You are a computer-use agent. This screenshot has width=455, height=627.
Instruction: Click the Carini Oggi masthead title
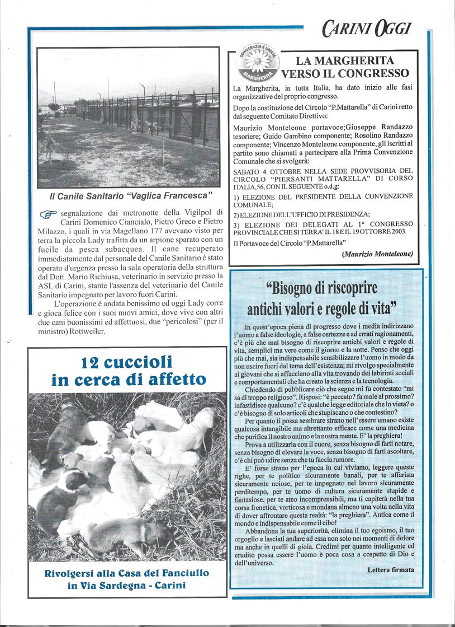pyautogui.click(x=366, y=28)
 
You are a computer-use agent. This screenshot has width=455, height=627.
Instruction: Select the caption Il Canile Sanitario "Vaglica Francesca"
pyautogui.click(x=131, y=196)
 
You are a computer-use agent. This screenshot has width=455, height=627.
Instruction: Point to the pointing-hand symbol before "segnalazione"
pyautogui.click(x=49, y=214)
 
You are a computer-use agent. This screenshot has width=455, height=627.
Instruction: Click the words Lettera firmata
pyautogui.click(x=391, y=569)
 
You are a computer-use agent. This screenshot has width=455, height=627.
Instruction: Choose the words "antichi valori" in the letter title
pyautogui.click(x=283, y=308)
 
